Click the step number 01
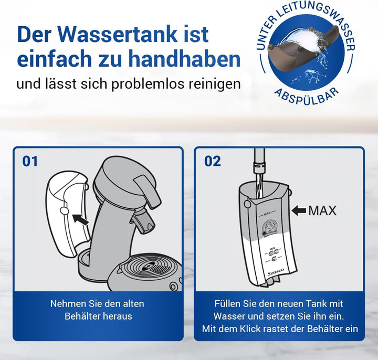(30, 161)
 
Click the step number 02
(213, 161)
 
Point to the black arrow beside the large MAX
(299, 210)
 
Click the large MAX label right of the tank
(322, 210)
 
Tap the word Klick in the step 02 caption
(248, 329)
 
